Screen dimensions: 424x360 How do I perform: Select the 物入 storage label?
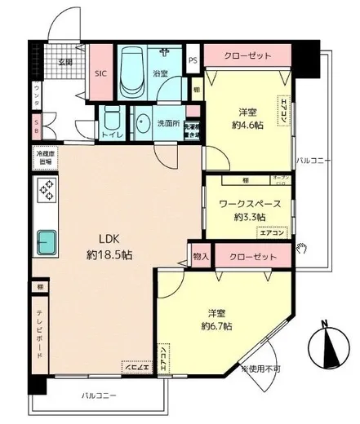click(200, 256)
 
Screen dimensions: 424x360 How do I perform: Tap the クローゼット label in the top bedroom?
click(247, 56)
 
